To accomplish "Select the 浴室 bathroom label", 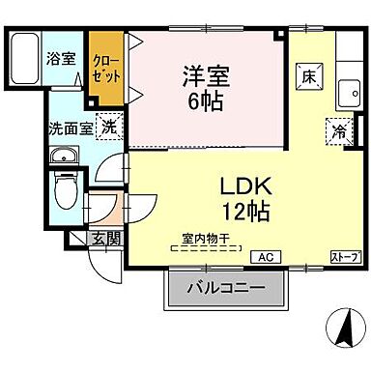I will tap(61, 57).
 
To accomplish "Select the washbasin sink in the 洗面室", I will tap(64, 156).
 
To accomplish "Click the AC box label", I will tap(263, 256).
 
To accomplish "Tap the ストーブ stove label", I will tap(345, 256).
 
